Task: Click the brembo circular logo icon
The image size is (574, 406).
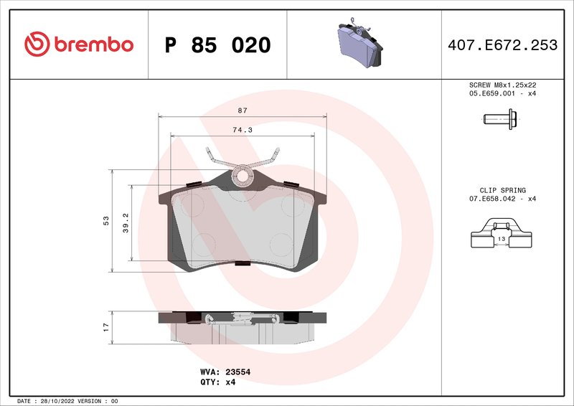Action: coord(37,44)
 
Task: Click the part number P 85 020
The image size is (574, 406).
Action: coord(217,45)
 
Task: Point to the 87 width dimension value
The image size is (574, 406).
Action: coord(243,110)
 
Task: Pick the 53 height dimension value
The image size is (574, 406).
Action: coord(106,221)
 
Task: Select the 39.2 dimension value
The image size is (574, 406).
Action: coord(125,222)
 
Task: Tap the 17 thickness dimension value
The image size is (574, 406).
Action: coord(106,326)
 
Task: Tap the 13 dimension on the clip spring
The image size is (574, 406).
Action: coord(501,238)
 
